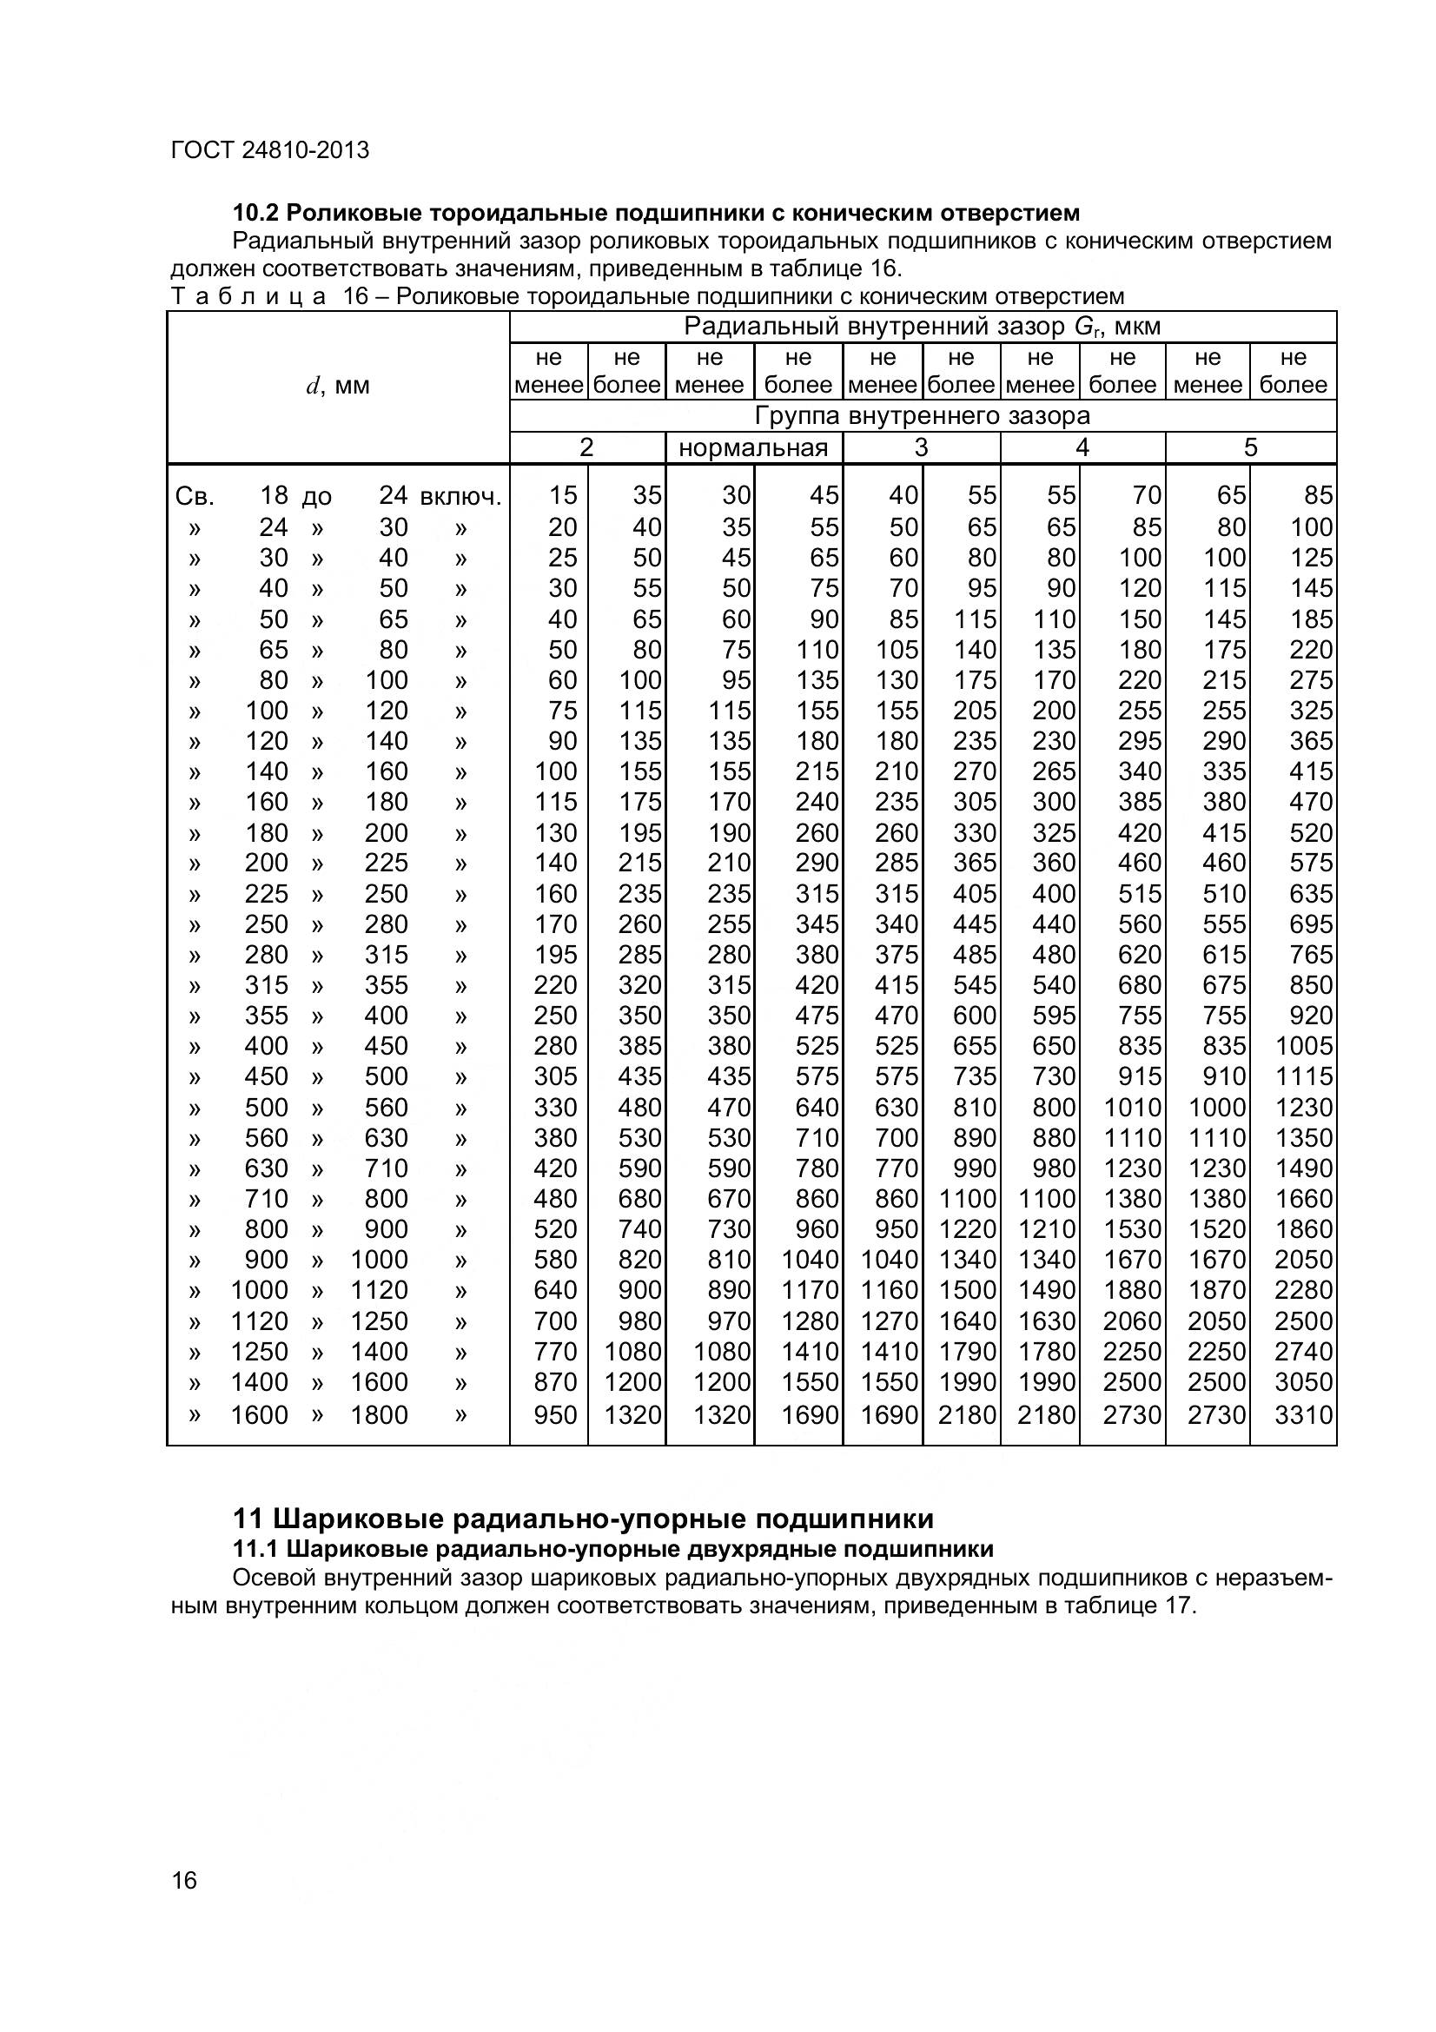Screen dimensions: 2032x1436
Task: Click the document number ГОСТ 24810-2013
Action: (270, 150)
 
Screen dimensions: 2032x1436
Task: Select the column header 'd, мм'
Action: (338, 386)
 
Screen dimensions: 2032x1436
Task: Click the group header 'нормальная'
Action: (753, 447)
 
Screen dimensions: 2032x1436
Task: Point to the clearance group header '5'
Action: (1249, 447)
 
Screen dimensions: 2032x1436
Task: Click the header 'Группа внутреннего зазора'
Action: (922, 416)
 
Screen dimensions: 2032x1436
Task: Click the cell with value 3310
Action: (1302, 1414)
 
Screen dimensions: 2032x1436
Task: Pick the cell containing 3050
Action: (1302, 1382)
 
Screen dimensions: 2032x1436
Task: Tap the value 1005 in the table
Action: (1302, 1046)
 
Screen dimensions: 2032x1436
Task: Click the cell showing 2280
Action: (1302, 1290)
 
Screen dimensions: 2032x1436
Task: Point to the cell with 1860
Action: (1302, 1229)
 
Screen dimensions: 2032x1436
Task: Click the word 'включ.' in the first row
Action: (460, 498)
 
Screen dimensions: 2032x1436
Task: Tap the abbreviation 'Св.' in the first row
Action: (195, 498)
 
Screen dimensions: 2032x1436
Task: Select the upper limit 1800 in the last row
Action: (379, 1414)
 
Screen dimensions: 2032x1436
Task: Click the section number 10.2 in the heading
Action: (255, 214)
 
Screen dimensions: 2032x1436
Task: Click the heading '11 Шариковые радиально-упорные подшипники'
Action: (582, 1519)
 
